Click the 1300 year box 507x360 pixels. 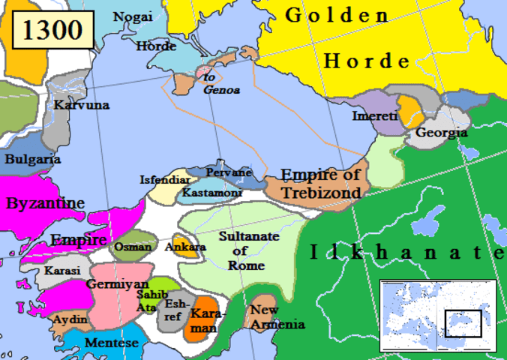pos(52,31)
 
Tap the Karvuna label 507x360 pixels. pos(82,105)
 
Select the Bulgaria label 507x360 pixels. pos(32,159)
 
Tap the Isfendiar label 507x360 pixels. pos(166,179)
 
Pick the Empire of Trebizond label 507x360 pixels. pos(320,184)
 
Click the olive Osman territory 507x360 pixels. pos(133,247)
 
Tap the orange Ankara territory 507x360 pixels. pos(185,247)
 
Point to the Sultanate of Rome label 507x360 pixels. pos(248,250)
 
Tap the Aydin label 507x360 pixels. pos(70,319)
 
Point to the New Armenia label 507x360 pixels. pos(276,317)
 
